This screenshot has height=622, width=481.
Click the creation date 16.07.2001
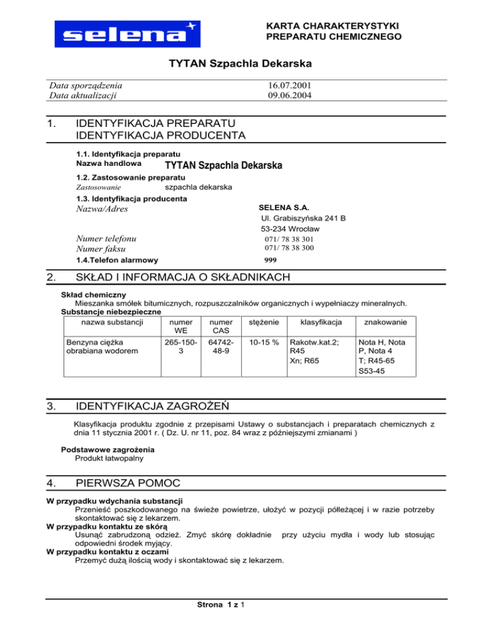tap(287, 85)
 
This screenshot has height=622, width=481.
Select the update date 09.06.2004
tap(287, 96)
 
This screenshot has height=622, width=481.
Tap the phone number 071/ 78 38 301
tap(288, 239)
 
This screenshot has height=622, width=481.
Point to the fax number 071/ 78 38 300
tap(288, 248)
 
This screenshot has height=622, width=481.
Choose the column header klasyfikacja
tap(321, 322)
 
